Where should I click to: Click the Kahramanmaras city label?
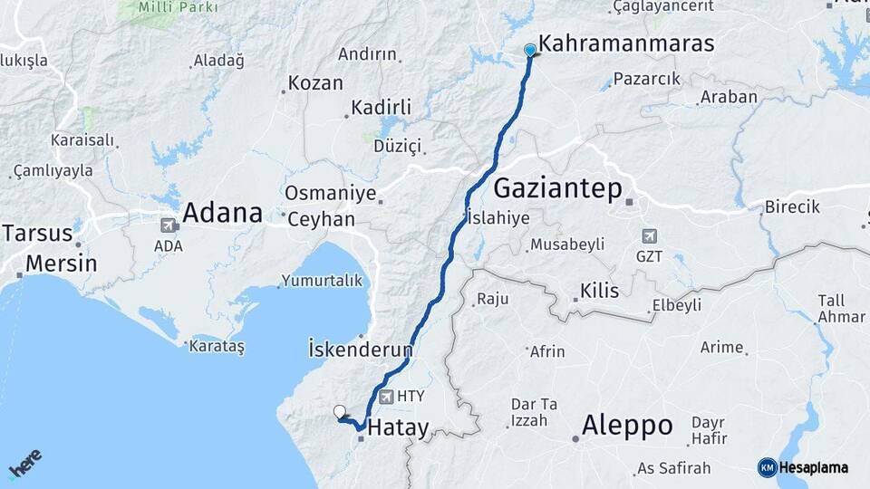click(x=626, y=43)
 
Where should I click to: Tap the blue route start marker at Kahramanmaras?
click(x=530, y=51)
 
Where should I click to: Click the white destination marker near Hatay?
click(x=340, y=412)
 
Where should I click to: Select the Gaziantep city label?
click(x=558, y=188)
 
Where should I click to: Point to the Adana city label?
click(x=222, y=214)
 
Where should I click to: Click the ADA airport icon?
click(x=169, y=225)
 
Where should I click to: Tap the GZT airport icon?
click(x=649, y=236)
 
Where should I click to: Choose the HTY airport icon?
click(x=388, y=396)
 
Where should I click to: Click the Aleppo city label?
click(x=627, y=425)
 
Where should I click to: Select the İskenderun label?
click(x=361, y=349)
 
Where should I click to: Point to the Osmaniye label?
click(x=324, y=193)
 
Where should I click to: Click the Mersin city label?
click(x=61, y=264)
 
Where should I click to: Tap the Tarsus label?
click(x=37, y=233)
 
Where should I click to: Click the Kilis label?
click(x=599, y=291)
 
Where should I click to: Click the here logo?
click(x=24, y=464)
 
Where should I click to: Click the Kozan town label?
click(x=315, y=83)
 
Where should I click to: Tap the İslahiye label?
click(x=498, y=217)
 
